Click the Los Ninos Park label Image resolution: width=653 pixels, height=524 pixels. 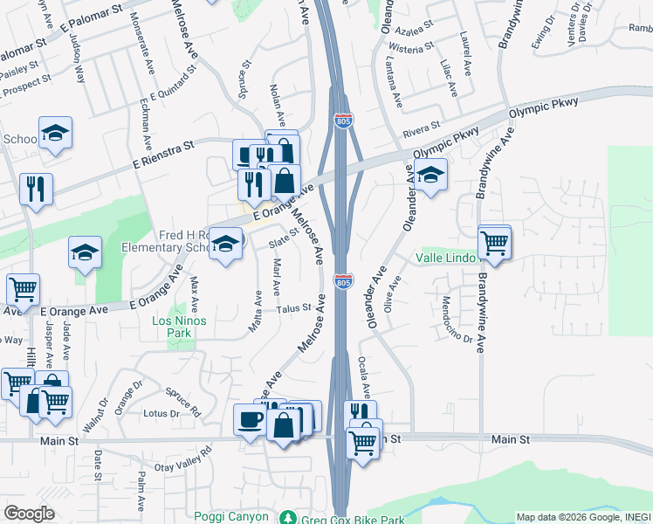pyautogui.click(x=172, y=327)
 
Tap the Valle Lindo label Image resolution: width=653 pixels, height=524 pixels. pyautogui.click(x=447, y=259)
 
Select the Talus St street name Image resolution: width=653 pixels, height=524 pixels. pyautogui.click(x=294, y=307)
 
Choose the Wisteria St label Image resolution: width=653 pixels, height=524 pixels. pyautogui.click(x=413, y=48)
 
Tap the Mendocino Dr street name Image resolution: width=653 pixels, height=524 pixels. pyautogui.click(x=457, y=320)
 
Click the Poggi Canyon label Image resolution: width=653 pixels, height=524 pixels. pyautogui.click(x=231, y=516)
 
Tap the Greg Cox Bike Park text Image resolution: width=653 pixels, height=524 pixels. pyautogui.click(x=351, y=517)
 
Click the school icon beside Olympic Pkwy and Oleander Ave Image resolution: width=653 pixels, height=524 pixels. pyautogui.click(x=430, y=175)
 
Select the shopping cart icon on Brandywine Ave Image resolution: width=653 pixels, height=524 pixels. pyautogui.click(x=495, y=241)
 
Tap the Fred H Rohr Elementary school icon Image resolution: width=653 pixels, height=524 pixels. pyautogui.click(x=226, y=244)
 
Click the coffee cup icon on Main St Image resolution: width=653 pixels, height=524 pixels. pyautogui.click(x=250, y=419)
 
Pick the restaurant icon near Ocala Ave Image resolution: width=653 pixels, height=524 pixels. pyautogui.click(x=360, y=413)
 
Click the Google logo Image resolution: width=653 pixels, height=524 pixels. pyautogui.click(x=30, y=514)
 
